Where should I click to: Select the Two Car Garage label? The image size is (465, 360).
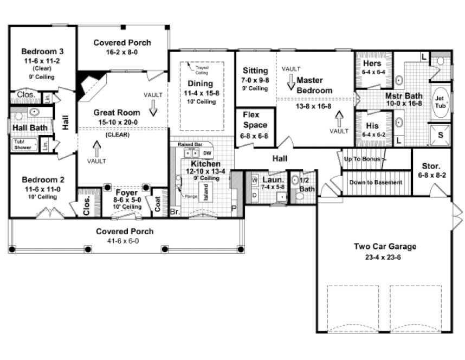(385, 247)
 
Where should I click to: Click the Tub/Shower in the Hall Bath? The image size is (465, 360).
(22, 144)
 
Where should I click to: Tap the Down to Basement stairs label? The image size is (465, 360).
(376, 182)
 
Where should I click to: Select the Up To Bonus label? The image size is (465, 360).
(365, 159)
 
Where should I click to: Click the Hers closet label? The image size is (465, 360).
(372, 63)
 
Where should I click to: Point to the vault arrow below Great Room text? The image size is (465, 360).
(98, 146)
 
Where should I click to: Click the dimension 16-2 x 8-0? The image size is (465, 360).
(122, 53)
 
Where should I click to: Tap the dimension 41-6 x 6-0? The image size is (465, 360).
(125, 241)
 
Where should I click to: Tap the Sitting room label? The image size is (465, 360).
(255, 70)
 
